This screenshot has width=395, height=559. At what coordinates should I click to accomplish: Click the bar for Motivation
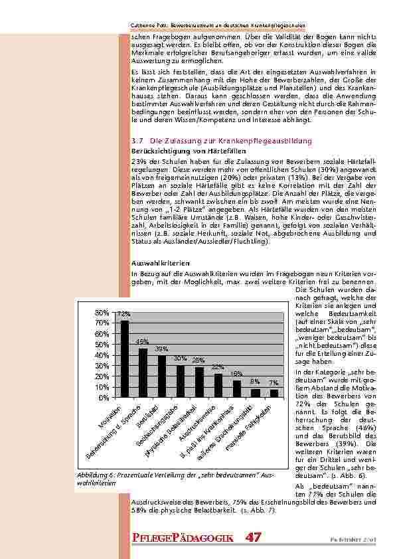click(x=125, y=359)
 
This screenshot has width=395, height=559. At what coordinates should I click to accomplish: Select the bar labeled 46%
click(x=143, y=372)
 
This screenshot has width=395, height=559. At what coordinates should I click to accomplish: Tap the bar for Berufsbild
click(x=162, y=376)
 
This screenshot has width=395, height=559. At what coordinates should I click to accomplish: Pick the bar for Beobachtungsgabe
click(x=181, y=381)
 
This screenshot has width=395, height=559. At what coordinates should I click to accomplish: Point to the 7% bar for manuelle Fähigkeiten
click(x=274, y=393)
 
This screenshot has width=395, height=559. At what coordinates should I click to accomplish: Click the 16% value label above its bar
click(x=236, y=373)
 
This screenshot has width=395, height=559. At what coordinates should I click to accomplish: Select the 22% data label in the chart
click(x=218, y=366)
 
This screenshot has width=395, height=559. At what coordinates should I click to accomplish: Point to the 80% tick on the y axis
click(x=102, y=312)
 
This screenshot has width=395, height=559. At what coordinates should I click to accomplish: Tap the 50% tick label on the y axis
click(x=102, y=344)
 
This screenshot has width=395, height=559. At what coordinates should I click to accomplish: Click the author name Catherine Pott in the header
click(x=146, y=26)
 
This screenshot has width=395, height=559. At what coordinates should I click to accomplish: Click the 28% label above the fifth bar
click(x=198, y=360)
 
